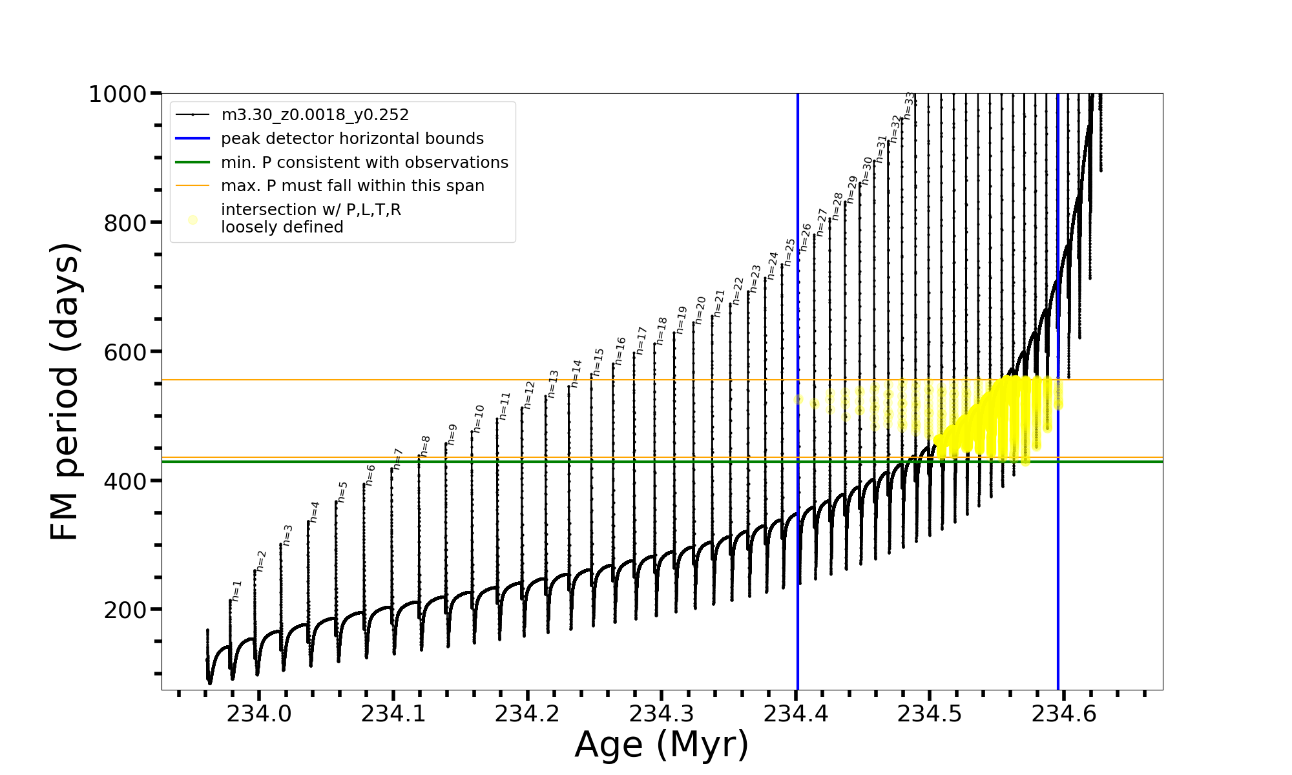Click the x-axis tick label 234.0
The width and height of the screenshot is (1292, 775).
(258, 714)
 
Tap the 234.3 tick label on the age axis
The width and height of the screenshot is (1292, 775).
(661, 714)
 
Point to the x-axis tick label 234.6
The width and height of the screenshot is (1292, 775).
(1063, 714)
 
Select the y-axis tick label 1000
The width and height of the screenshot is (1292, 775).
(118, 94)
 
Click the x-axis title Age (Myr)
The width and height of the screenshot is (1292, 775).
(662, 745)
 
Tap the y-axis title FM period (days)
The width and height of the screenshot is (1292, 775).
(65, 391)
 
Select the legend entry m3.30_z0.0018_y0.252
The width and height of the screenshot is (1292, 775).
(315, 115)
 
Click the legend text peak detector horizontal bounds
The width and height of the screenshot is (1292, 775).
(352, 139)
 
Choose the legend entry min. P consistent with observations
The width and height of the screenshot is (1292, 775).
(364, 163)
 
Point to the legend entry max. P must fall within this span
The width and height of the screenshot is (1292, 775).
(352, 186)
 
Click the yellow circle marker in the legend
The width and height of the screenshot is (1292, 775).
(193, 220)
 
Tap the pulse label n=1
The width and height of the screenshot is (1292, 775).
(236, 591)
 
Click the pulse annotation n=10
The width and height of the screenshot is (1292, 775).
(479, 418)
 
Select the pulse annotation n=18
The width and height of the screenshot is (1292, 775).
(662, 331)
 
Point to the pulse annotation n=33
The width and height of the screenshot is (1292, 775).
(909, 105)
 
